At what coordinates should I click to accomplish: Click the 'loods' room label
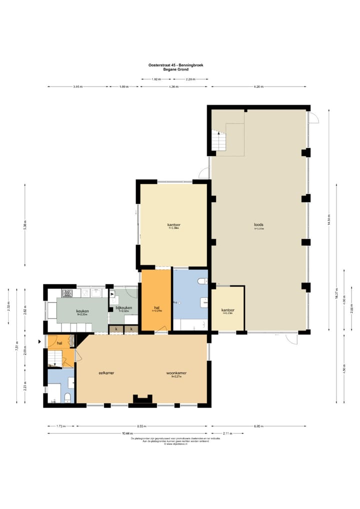(258, 224)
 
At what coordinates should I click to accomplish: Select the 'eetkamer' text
(106, 372)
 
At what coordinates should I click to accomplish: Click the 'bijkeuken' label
(123, 307)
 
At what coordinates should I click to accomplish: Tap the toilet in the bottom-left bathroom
(68, 398)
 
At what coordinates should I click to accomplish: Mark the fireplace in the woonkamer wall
(142, 398)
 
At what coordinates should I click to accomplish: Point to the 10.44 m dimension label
(127, 433)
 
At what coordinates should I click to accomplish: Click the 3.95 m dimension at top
(77, 87)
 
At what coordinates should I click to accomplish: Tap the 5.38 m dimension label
(25, 225)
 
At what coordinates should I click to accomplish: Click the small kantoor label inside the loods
(227, 310)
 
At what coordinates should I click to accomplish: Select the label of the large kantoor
(173, 225)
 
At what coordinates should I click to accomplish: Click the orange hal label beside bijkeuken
(156, 307)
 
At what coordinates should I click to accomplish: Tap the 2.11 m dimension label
(226, 433)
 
